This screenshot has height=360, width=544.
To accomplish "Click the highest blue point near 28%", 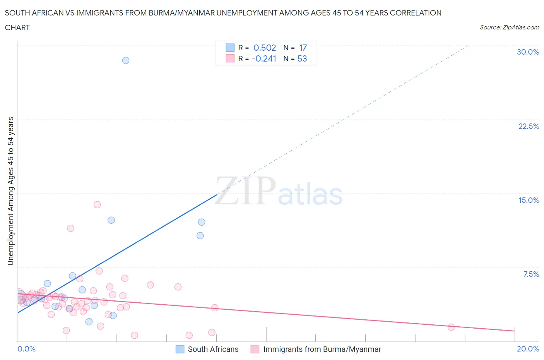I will pos(126,60).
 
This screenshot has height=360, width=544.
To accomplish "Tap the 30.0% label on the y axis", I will pos(528,52).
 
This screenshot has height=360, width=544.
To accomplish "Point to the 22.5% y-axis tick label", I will pos(529,126).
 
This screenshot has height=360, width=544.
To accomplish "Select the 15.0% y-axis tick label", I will pos(529,200).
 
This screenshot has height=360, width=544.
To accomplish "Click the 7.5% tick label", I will pos(531,274).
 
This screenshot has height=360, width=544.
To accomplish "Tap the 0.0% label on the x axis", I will pos(27,349).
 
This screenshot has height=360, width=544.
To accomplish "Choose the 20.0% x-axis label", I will pos(528,349).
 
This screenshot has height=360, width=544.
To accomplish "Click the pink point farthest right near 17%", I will pos(451,327).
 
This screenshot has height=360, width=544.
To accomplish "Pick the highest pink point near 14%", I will pos(97,205).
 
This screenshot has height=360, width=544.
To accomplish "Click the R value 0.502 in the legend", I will pos(265,48).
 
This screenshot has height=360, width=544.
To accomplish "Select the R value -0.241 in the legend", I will pos(264,58).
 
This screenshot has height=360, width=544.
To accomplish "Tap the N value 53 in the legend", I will pos(302,58).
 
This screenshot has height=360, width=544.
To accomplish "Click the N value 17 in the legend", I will pos(303,48).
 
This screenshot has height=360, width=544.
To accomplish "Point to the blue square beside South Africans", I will pos(180,349).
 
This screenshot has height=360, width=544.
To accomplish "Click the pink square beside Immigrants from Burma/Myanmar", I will pos(255,349).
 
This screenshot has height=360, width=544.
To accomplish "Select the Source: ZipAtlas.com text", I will pos(509,27).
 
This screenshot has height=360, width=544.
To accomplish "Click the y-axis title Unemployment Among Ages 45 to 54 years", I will pos(10,191).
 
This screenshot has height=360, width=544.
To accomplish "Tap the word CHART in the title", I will pos(17,27).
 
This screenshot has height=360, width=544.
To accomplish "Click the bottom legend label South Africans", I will pos(213,349).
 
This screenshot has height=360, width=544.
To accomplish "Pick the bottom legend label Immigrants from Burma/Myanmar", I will pos(322,349).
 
